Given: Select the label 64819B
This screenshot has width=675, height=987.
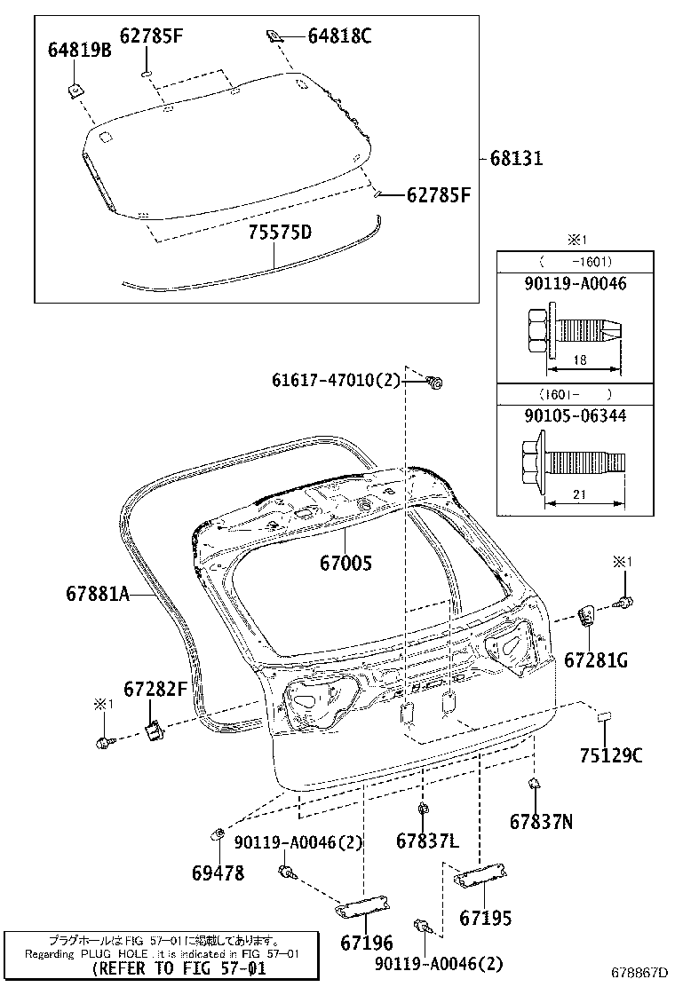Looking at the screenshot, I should point(79,51).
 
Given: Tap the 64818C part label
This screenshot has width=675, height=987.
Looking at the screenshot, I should point(339,36).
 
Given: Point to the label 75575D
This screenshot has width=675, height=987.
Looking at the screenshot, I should point(280,233).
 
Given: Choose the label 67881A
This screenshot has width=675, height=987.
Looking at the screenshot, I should point(98,593).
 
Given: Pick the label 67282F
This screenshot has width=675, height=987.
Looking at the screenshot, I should point(155,688).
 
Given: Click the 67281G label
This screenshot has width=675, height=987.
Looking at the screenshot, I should point(596,659).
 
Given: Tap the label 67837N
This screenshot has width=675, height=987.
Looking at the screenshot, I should point(542,822).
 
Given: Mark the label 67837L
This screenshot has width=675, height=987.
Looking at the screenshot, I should point(428,840).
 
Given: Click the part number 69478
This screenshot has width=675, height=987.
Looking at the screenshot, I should point(218,873).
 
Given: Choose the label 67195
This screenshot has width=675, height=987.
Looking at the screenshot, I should point(486,919).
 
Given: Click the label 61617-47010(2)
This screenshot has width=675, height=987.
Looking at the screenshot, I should point(337,381).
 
